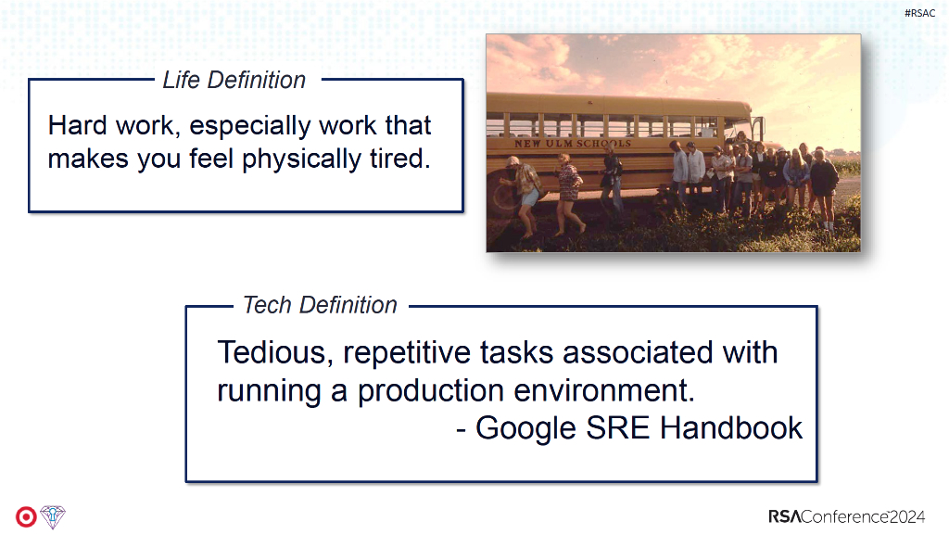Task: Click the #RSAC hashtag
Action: click(919, 13)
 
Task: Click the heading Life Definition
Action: click(234, 80)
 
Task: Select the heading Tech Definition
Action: click(320, 305)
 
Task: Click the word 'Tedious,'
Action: click(275, 353)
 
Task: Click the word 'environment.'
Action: click(604, 390)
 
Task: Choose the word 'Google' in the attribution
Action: click(526, 429)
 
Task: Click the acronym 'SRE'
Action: click(618, 428)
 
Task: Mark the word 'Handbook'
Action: click(731, 428)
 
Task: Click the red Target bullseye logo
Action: click(26, 517)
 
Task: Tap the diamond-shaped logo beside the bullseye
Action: click(53, 517)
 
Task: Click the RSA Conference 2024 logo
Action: click(847, 517)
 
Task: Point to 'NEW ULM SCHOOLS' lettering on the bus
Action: click(573, 144)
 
